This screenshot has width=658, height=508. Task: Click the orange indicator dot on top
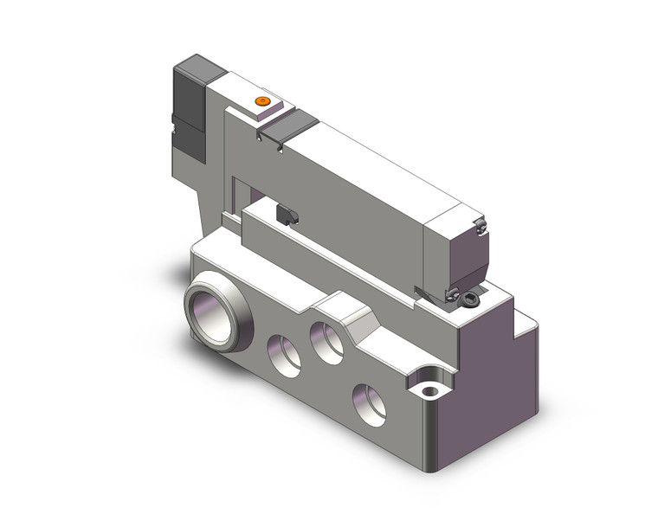pyautogui.click(x=262, y=102)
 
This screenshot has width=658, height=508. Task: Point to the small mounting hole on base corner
pyautogui.click(x=429, y=391)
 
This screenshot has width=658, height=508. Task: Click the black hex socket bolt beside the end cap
pyautogui.click(x=470, y=300)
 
